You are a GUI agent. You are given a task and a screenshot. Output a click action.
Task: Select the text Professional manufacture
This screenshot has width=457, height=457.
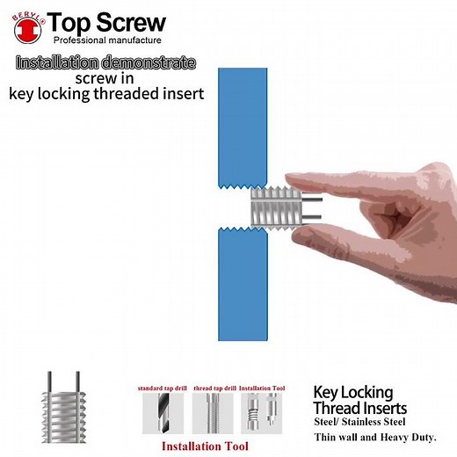[x=107, y=41]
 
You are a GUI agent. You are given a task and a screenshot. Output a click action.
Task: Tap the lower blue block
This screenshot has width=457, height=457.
[x=241, y=281]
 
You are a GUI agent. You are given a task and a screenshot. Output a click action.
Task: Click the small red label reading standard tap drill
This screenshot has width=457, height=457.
[x=162, y=387]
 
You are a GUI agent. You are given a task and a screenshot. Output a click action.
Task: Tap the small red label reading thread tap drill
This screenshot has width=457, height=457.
[x=212, y=387]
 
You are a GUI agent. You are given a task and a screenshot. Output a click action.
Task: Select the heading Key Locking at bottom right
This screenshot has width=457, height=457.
[x=353, y=392]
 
